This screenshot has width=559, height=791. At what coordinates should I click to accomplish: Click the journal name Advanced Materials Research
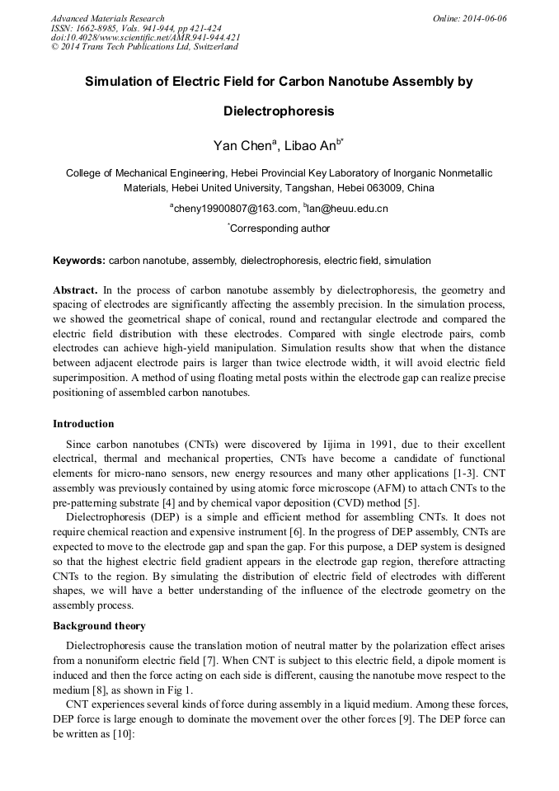108,18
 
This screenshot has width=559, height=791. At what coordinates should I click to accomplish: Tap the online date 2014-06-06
482,18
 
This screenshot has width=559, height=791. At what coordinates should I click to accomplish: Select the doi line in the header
146,37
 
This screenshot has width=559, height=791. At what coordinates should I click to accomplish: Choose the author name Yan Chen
243,147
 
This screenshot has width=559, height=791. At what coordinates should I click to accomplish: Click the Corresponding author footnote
280,228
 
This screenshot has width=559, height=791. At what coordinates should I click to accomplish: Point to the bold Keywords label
79,261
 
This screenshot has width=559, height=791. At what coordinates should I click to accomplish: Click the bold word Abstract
76,290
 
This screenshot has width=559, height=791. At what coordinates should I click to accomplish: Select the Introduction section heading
83,424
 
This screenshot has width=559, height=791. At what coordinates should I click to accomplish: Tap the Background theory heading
99,626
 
